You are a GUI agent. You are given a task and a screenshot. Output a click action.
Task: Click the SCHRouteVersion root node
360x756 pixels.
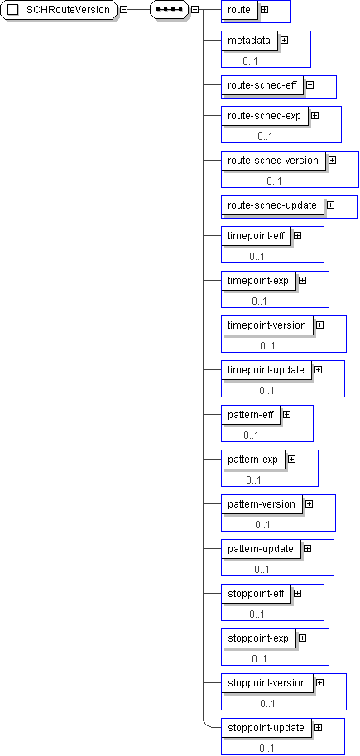(x=59, y=10)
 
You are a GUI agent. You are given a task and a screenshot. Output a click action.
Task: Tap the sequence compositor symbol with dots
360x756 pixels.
(x=169, y=10)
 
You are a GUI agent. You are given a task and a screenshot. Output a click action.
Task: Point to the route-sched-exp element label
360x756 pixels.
(x=264, y=116)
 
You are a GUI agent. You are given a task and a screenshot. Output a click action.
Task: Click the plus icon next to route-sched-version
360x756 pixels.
(x=332, y=160)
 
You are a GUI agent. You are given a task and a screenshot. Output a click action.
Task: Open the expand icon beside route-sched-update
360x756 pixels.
(x=330, y=205)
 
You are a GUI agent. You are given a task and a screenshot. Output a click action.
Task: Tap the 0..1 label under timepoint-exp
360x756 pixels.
(x=259, y=301)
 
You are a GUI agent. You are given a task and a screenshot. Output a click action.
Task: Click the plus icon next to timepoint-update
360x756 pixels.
(x=318, y=370)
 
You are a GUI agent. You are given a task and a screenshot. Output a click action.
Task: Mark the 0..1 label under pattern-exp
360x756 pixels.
(x=253, y=480)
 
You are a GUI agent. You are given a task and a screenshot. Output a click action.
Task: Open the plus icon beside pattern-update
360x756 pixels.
(x=308, y=549)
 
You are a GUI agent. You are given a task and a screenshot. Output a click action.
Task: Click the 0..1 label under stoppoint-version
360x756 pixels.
(x=268, y=704)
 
